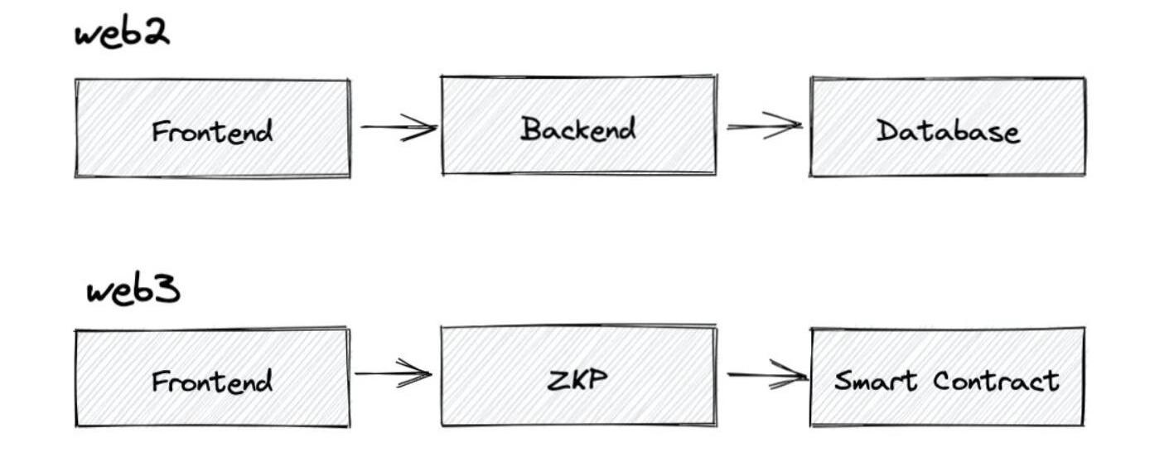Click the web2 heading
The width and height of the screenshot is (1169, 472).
pyautogui.click(x=122, y=34)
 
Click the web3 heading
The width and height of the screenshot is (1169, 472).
pyautogui.click(x=133, y=291)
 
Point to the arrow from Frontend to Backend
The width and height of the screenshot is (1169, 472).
pyautogui.click(x=398, y=128)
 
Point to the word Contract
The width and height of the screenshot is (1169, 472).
pyautogui.click(x=996, y=381)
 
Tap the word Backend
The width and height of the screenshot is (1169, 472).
pyautogui.click(x=578, y=129)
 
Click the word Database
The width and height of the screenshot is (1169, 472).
pyautogui.click(x=948, y=131)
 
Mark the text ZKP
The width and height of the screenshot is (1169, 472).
pyautogui.click(x=577, y=379)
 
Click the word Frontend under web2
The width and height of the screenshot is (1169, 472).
pyautogui.click(x=212, y=131)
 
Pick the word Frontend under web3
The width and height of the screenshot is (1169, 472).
pyautogui.click(x=212, y=382)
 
